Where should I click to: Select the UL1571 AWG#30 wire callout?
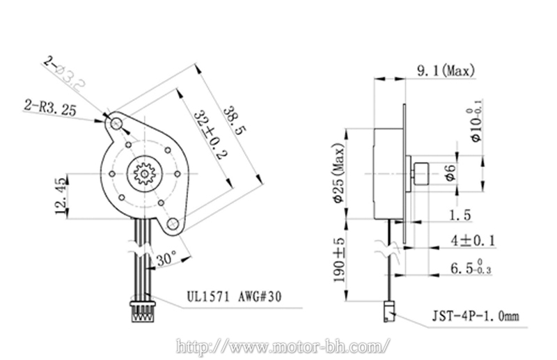(233, 295)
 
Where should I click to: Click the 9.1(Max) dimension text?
(445, 70)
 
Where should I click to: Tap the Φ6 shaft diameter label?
(451, 171)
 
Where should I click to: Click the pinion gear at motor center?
(147, 172)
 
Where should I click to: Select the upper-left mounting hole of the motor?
(115, 123)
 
